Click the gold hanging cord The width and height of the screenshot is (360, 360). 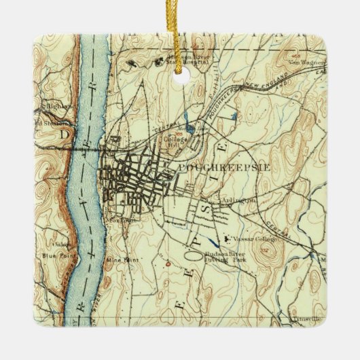(x=181, y=17)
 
